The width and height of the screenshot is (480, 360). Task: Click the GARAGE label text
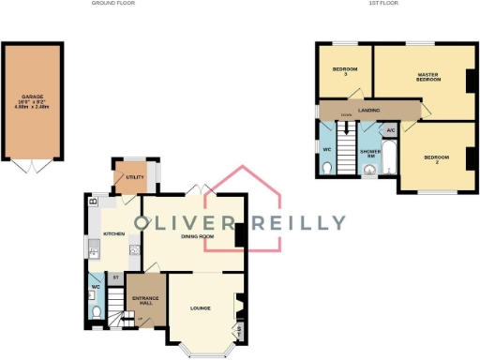tap(34, 97)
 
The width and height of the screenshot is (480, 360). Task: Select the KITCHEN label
tap(113, 233)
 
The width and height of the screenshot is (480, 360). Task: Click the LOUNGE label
tap(200, 307)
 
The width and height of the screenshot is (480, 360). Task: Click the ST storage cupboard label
tap(114, 277)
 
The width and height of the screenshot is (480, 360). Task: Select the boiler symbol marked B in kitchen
tap(92, 202)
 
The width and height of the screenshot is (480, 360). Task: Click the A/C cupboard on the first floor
tap(390, 130)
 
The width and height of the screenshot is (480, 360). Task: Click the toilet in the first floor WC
tap(325, 166)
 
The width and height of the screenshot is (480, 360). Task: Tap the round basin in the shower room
tap(369, 170)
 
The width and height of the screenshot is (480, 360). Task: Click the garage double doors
tap(34, 165)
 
